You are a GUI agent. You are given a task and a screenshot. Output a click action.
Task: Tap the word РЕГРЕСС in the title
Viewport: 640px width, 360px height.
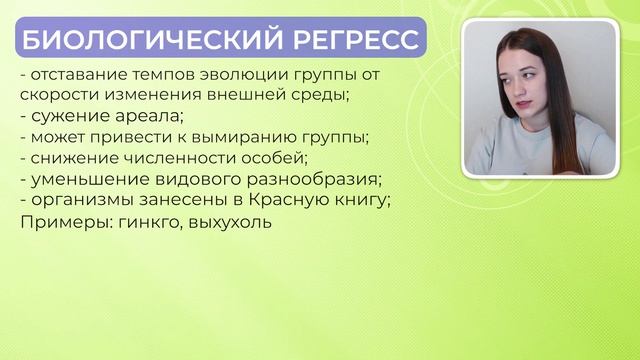click(x=356, y=41)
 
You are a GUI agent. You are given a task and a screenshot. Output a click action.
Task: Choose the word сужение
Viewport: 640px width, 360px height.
click(x=66, y=115)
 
